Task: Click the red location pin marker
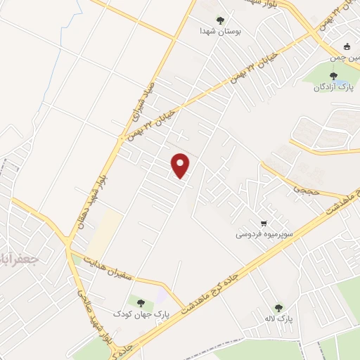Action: coord(181,165)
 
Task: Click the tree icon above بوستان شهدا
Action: coord(220,20)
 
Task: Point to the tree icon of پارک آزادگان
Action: coord(333,76)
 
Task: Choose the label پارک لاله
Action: coord(279,319)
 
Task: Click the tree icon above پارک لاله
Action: coord(278,308)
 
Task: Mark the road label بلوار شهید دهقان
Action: coord(105,180)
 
